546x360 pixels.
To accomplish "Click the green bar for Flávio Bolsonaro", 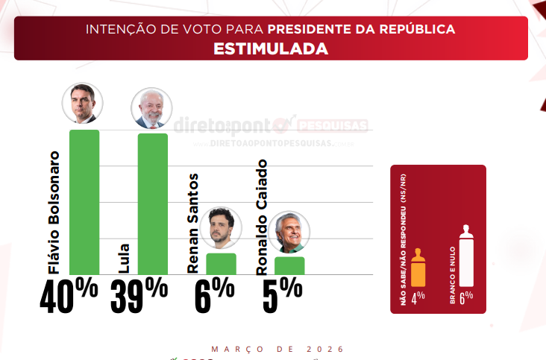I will [84, 201].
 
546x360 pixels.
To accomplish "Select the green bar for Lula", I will [152, 203].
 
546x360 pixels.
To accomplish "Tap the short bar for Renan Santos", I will [221, 264].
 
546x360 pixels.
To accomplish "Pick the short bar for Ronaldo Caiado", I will [289, 265].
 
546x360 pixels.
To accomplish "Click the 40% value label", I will [69, 296].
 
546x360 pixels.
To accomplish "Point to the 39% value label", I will [139, 296].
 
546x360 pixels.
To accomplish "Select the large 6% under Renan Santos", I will [214, 296].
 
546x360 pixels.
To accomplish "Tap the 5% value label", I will [282, 296].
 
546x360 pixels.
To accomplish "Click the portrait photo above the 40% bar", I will [82, 104].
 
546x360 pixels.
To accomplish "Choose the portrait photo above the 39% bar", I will [151, 108].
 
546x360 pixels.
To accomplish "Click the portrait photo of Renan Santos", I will [220, 228].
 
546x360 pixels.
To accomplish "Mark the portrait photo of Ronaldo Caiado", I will [289, 232].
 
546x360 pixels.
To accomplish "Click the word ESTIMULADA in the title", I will [271, 49].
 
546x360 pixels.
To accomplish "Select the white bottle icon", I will [467, 257].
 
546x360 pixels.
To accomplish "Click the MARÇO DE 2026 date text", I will [277, 349].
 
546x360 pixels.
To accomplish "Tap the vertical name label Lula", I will [124, 258].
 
